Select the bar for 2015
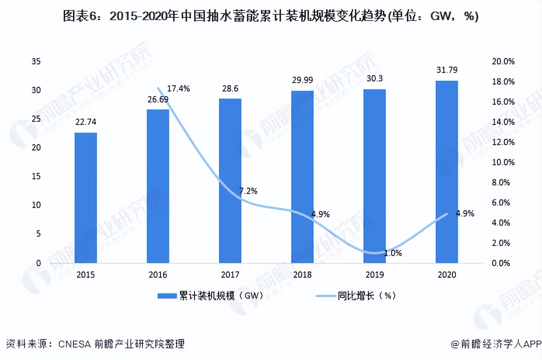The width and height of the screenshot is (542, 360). tap(86, 198)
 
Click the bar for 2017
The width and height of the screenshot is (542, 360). tap(230, 181)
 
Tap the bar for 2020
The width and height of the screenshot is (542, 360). tap(447, 172)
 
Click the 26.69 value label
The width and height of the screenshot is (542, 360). tap(158, 100)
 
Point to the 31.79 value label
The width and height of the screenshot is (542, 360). tap(447, 70)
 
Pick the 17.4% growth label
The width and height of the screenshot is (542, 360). tap(178, 89)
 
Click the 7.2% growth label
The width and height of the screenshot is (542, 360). tap(248, 191)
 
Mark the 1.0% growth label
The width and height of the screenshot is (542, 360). tap(393, 253)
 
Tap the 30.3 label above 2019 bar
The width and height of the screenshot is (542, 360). tap(375, 79)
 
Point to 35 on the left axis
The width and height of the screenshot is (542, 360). tap(36, 61)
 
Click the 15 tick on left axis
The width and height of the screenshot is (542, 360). tap(36, 177)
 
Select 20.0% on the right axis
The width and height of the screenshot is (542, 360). tap(503, 61)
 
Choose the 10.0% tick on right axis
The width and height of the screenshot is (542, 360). tap(503, 162)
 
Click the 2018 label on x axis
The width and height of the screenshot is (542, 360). tap(302, 275)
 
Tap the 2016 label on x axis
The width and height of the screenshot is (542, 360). tap(158, 275)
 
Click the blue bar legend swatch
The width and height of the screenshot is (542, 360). tap(167, 296)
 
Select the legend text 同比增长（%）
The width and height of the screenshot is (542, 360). tap(367, 296)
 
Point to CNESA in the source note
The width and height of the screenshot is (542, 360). tap(75, 344)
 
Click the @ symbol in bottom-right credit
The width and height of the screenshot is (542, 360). tap(455, 344)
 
